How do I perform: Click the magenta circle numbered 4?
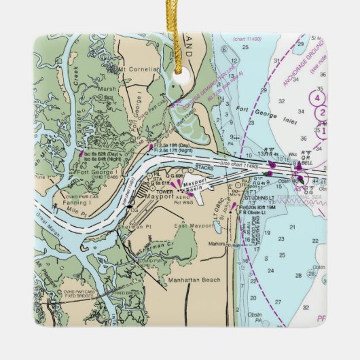[317, 97]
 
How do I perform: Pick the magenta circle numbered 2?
[323, 113]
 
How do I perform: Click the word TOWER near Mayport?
[164, 192]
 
